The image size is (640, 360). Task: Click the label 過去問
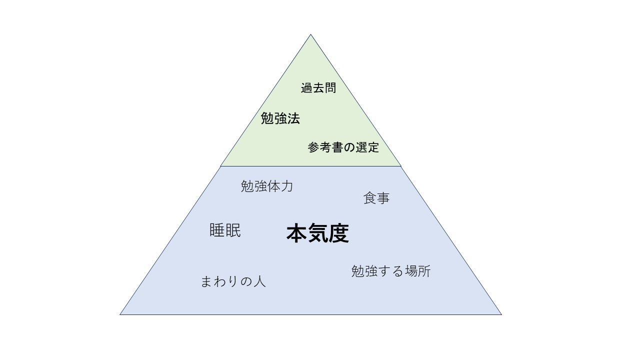[318, 87]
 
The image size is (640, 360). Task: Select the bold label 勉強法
[280, 118]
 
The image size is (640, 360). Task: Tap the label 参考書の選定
[343, 147]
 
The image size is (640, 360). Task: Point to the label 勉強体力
[267, 186]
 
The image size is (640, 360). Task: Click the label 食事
[376, 198]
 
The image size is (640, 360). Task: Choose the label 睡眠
[225, 230]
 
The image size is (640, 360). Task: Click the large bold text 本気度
[317, 233]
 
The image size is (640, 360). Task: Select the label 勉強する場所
[391, 271]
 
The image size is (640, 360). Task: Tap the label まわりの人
[233, 281]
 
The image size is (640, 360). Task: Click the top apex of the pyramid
[310, 34]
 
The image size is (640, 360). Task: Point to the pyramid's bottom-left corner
[120, 314]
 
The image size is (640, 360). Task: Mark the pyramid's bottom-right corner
[501, 314]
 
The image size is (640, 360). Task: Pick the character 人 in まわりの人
[259, 281]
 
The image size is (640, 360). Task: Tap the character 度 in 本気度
[338, 233]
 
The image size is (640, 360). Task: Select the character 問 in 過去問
[330, 87]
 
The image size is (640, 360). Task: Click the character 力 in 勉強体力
[287, 186]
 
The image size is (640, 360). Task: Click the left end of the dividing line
[220, 166]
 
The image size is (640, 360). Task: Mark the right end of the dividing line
[401, 166]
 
